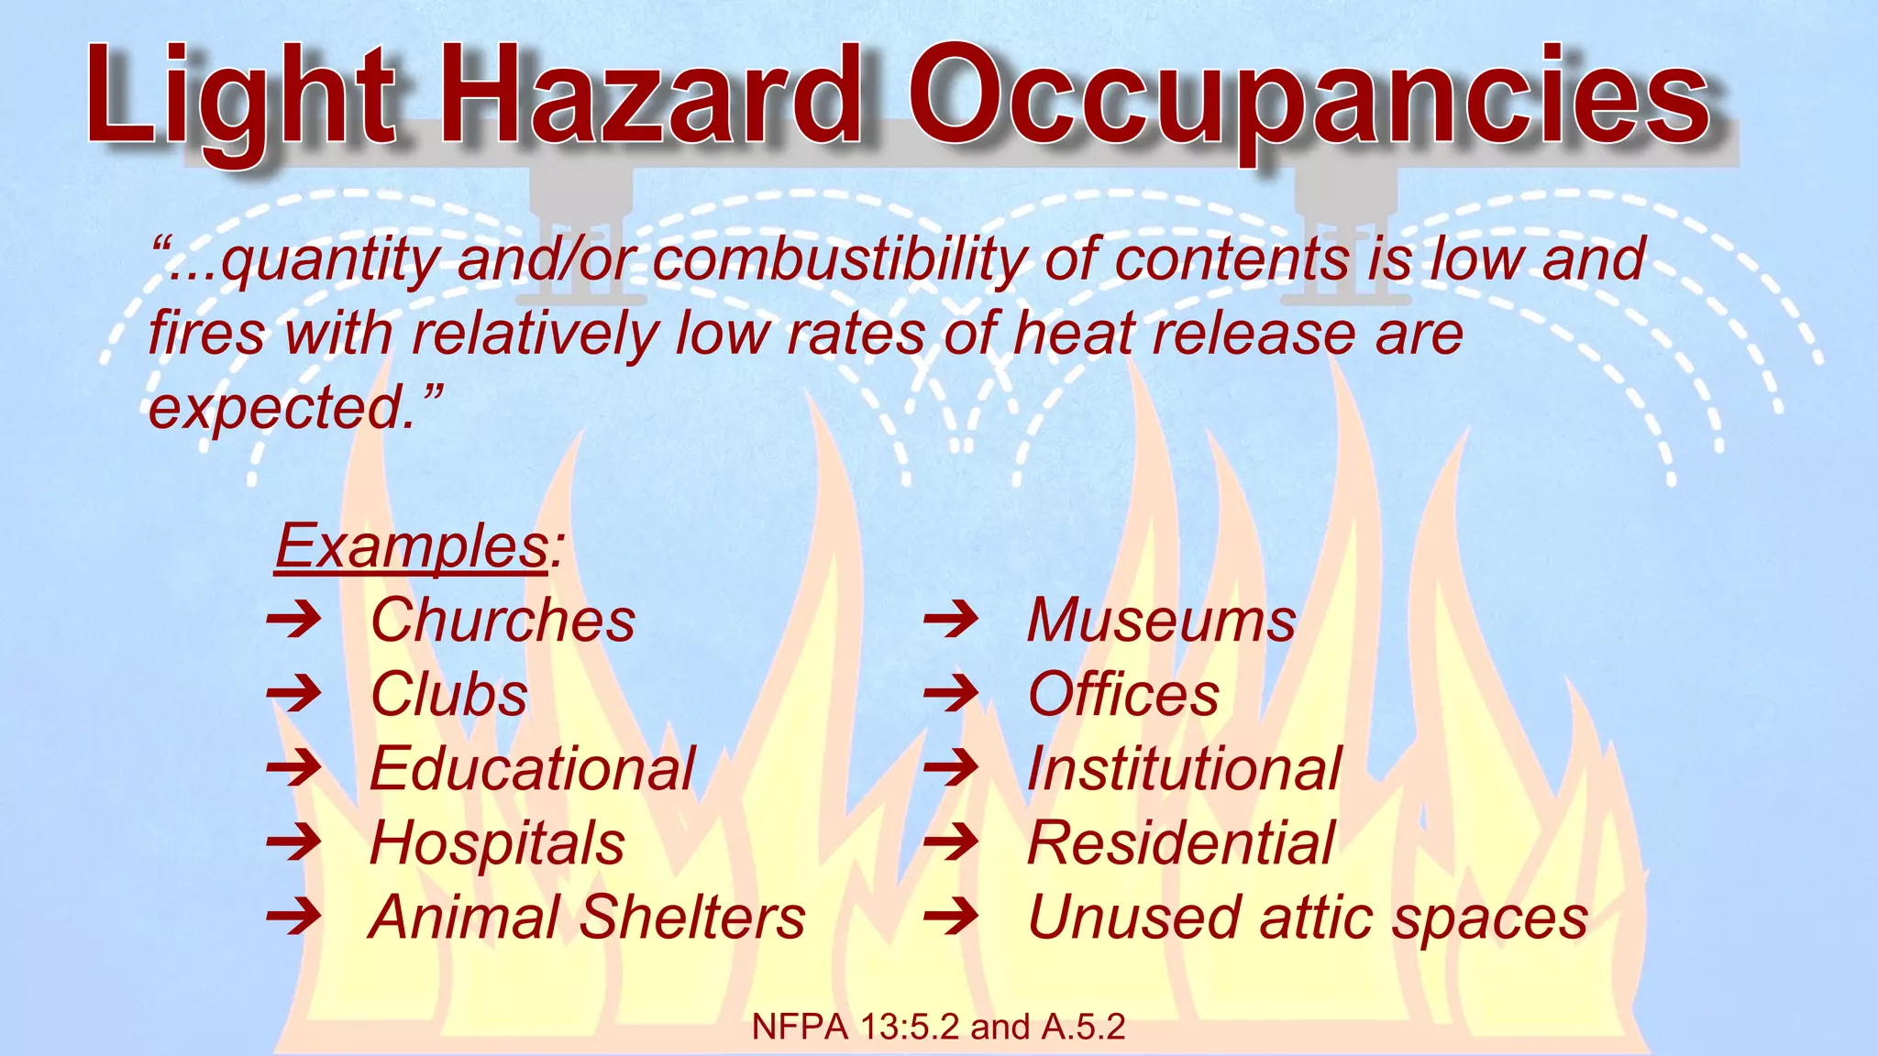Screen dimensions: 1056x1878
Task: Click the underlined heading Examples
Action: tap(413, 546)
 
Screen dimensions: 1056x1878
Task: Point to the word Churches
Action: tap(503, 621)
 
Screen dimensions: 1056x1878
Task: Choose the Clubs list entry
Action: tap(449, 695)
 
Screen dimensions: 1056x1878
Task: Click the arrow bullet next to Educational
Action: tap(293, 768)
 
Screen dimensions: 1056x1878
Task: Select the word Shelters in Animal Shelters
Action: tap(693, 918)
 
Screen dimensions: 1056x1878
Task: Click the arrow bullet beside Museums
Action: tap(951, 621)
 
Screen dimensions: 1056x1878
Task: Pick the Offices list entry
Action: tap(1123, 695)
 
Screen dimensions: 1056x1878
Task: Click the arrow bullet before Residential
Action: tap(951, 842)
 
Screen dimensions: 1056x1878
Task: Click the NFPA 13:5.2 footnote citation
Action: tap(938, 1028)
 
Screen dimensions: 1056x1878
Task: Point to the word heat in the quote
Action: tap(1074, 334)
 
